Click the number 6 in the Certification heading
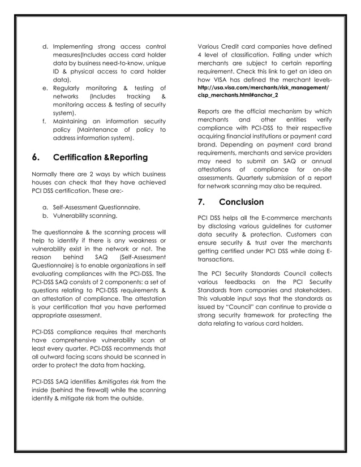point(36,157)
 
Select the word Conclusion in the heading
point(241,202)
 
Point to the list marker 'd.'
point(45,46)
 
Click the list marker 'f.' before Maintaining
point(45,122)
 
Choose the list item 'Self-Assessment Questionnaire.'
point(96,207)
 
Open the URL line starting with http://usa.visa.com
point(263,88)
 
